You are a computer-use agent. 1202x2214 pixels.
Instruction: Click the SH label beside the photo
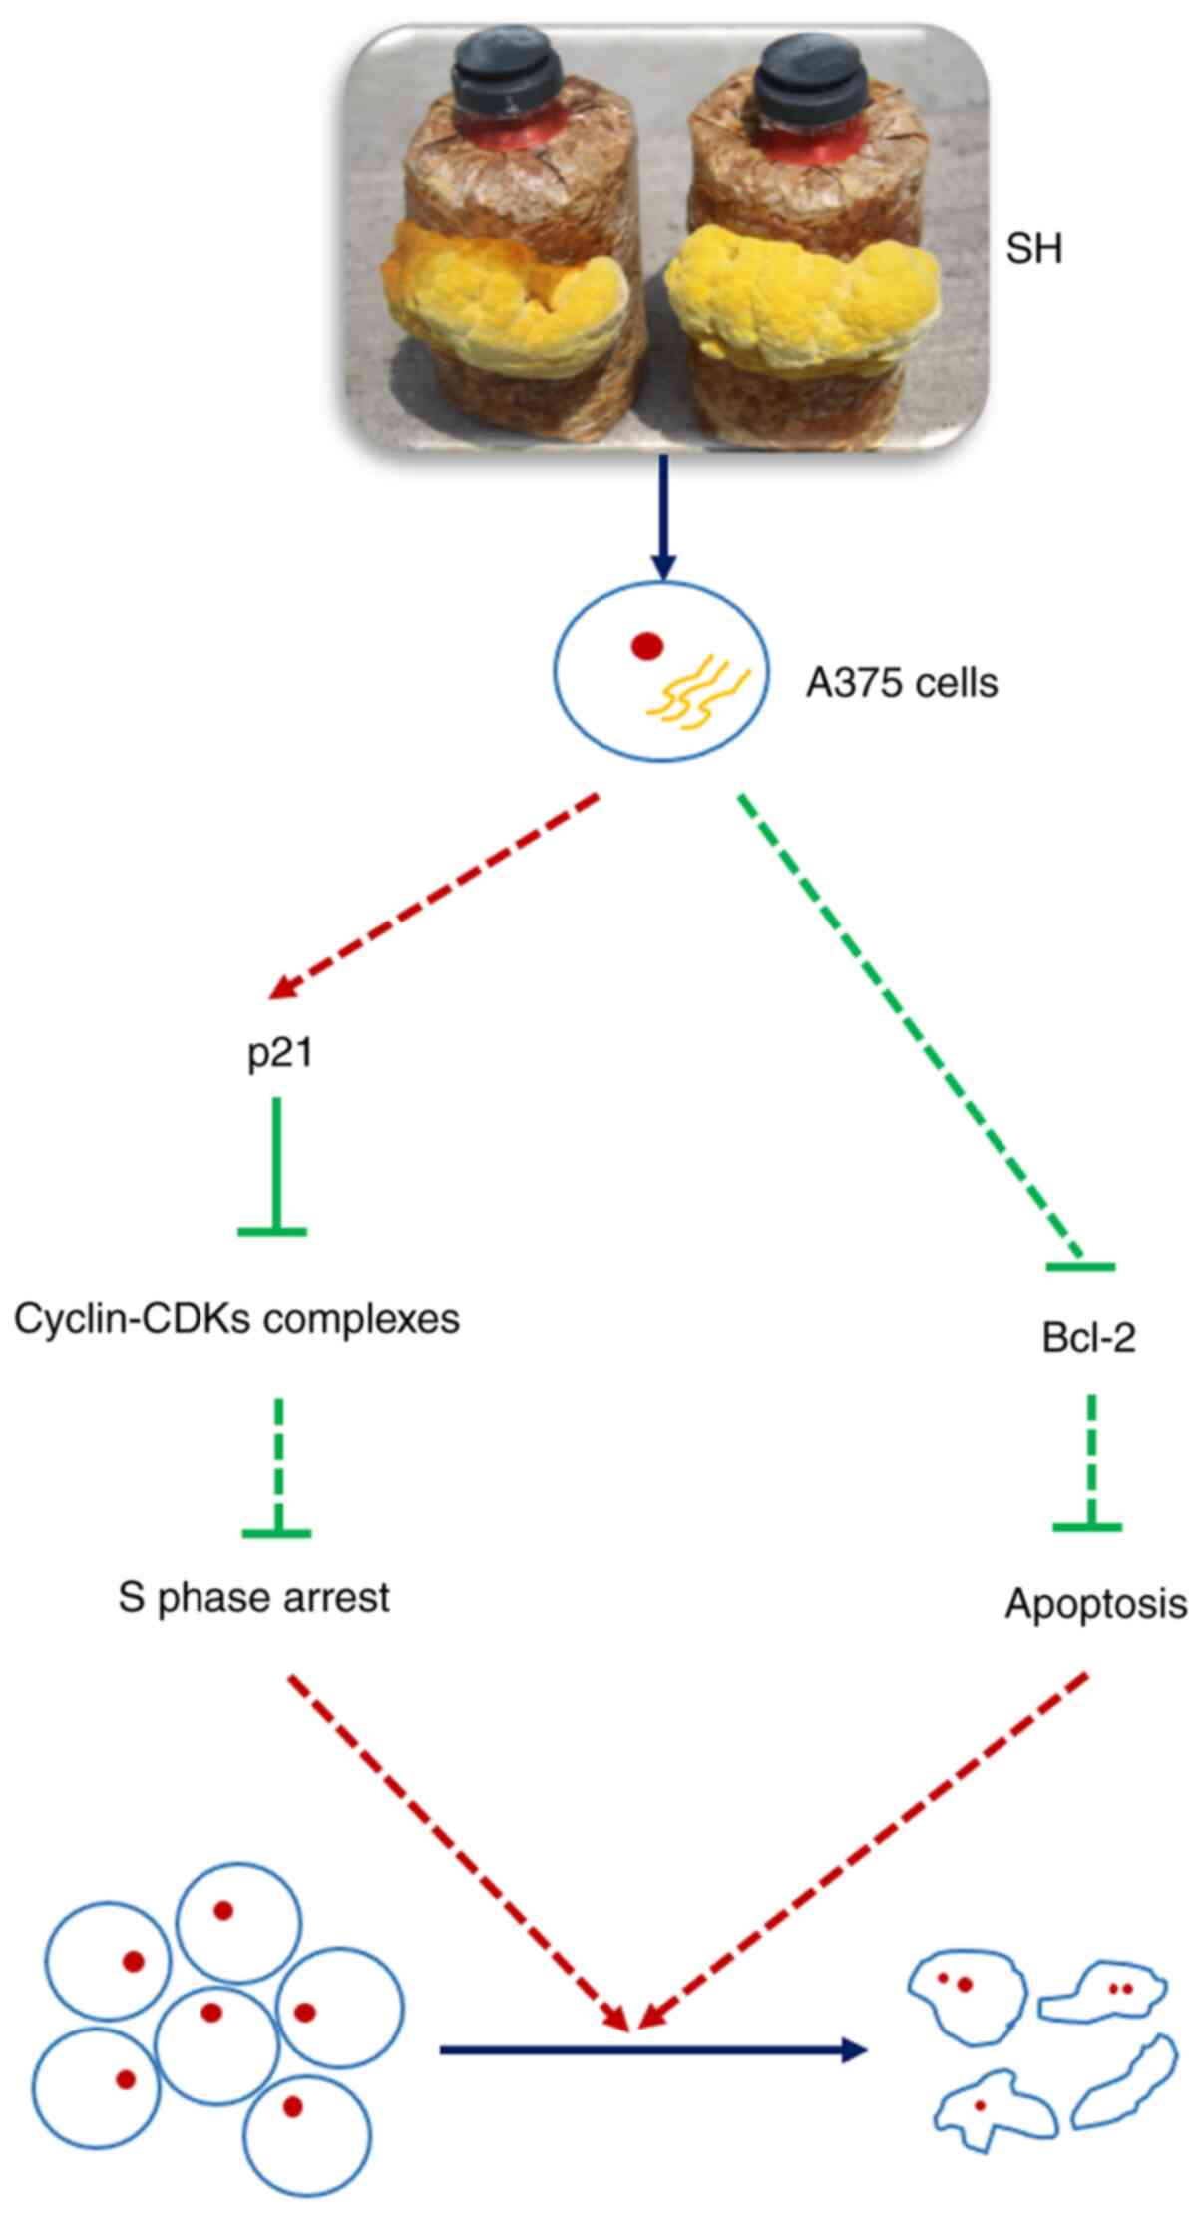1033,249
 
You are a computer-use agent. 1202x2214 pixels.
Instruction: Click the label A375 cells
901,684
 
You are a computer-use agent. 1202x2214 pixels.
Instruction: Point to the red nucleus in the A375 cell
647,647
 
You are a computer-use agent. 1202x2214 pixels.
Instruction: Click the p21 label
280,1053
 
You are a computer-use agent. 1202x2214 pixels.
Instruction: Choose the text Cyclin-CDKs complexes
236,1319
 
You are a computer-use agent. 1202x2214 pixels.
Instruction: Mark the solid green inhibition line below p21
274,1167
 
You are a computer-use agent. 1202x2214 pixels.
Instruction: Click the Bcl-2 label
1088,1338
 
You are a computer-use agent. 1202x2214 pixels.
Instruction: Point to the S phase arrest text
253,1597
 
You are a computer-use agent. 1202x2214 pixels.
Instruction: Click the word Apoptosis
1095,1604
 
